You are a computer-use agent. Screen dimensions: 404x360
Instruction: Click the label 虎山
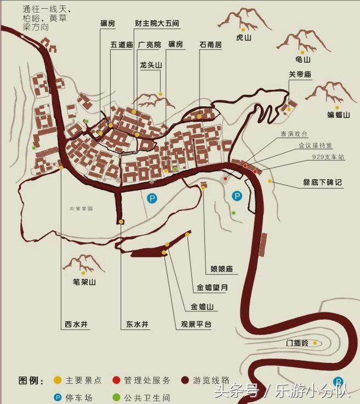243,38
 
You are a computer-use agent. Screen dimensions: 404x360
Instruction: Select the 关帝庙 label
300,75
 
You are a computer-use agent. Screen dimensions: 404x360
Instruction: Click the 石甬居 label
210,45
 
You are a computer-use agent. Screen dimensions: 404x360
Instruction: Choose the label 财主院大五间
157,24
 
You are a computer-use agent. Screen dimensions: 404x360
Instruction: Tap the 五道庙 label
122,45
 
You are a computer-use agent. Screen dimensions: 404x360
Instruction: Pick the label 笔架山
84,282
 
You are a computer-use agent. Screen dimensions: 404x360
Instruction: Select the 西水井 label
76,324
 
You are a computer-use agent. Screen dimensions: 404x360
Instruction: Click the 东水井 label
137,324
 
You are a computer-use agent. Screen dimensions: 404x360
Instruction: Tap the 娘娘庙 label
222,269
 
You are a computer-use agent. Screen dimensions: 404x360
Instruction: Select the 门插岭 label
298,343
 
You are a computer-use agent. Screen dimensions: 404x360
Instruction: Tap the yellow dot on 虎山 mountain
242,29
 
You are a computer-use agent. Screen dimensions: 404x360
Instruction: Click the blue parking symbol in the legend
57,396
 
